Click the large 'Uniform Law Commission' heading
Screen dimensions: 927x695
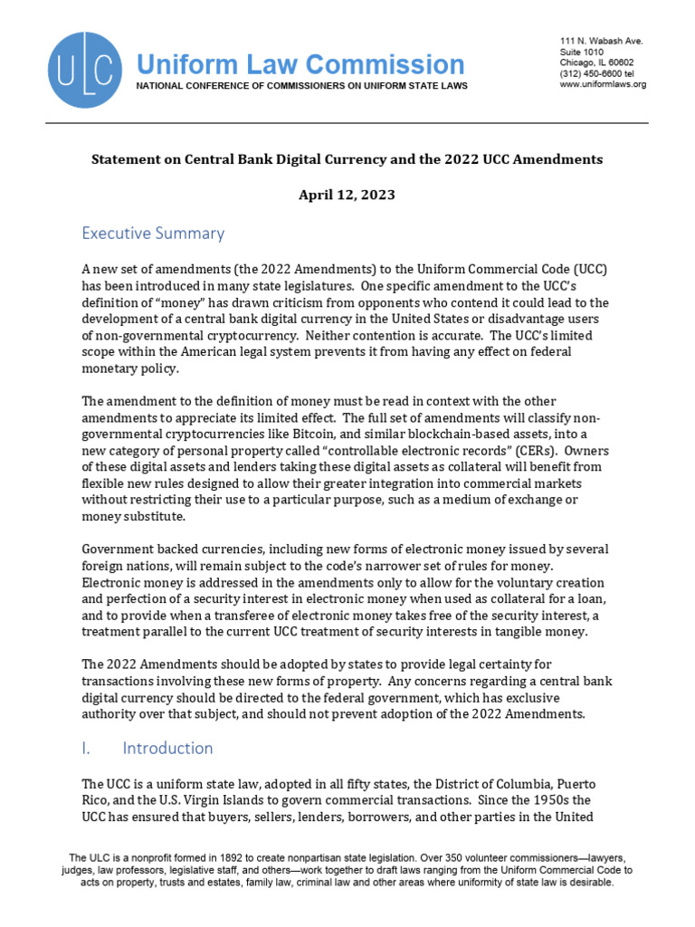tap(300, 64)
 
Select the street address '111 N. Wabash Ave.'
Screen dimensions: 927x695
tap(602, 43)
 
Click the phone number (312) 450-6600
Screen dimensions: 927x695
tap(598, 74)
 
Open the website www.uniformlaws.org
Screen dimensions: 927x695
tap(603, 85)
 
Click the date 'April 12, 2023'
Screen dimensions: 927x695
tap(347, 195)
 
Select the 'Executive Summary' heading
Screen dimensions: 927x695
tap(153, 234)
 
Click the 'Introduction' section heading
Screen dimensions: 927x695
tap(167, 748)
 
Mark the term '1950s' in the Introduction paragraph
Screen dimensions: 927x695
tap(557, 799)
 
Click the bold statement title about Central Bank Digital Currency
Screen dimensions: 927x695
tap(347, 159)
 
